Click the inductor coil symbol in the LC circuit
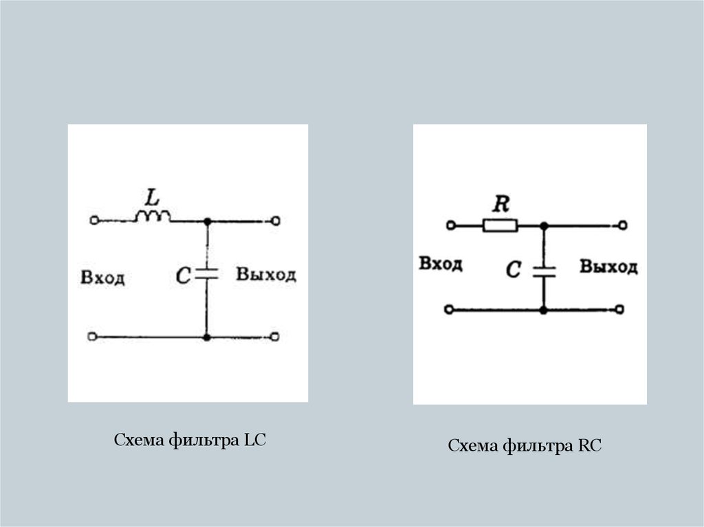click(153, 217)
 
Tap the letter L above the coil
click(151, 197)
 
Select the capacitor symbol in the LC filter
click(206, 274)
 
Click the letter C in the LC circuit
click(183, 276)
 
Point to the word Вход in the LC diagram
click(102, 278)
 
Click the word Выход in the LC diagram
click(266, 275)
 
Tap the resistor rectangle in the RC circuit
click(500, 225)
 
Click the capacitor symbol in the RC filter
click(543, 269)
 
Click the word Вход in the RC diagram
click(441, 264)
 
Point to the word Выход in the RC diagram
click(608, 267)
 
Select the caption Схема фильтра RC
click(525, 446)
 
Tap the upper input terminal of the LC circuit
click(94, 221)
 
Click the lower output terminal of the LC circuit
click(275, 337)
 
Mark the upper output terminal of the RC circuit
click(622, 225)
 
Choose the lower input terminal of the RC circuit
click(449, 310)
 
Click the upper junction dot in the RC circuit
click(543, 225)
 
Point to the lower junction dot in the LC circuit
click(206, 337)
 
